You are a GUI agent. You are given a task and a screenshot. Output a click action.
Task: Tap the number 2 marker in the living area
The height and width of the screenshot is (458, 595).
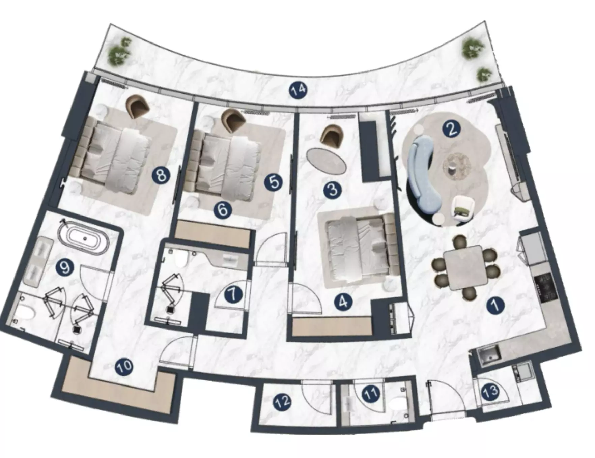[452, 129]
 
